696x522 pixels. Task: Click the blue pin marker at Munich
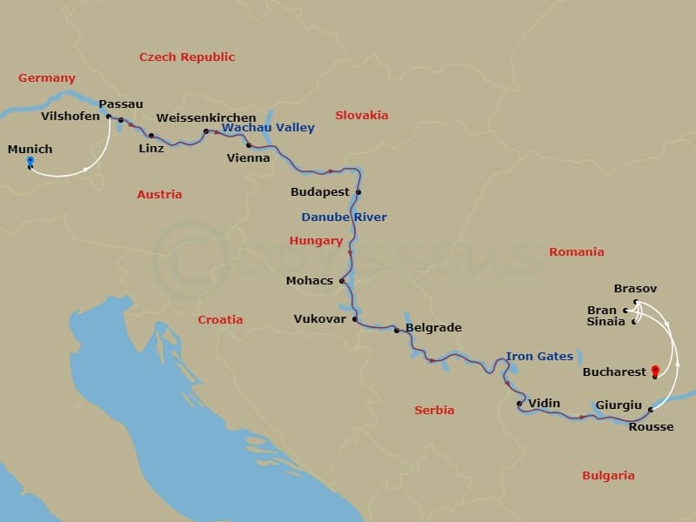30,162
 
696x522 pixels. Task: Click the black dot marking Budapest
358,192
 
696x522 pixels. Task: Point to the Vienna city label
248,158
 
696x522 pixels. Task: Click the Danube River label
344,217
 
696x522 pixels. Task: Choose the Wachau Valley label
268,128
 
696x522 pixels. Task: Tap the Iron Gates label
539,356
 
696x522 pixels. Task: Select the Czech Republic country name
187,57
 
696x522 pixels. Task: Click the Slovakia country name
361,115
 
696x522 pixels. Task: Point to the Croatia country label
220,319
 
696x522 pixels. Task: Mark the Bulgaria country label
608,475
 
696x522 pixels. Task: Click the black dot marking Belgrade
397,331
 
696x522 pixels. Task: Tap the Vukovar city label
319,319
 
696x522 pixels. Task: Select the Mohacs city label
310,281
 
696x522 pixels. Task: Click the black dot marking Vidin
519,404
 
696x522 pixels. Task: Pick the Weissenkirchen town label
206,117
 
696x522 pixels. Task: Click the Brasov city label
635,289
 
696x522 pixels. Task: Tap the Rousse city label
651,426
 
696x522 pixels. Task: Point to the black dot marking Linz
151,136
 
